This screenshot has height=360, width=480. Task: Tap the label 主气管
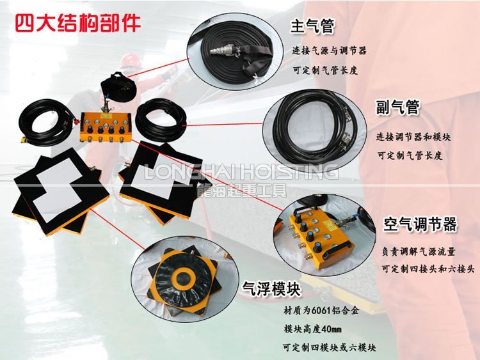tap(313, 26)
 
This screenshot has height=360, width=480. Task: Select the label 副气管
tap(397, 107)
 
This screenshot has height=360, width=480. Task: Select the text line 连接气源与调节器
tap(330, 50)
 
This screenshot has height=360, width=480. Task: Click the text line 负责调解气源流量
tap(419, 252)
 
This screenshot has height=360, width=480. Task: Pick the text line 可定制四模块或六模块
tap(329, 348)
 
